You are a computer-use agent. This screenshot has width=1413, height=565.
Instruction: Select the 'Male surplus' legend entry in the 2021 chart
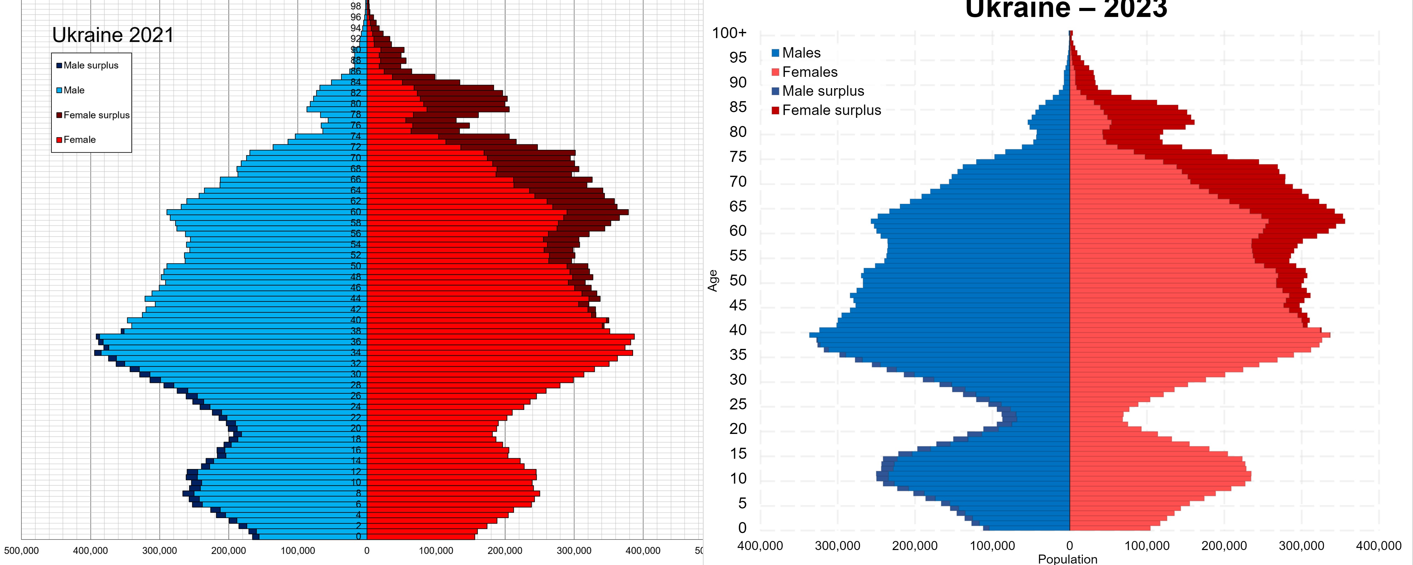tap(90, 65)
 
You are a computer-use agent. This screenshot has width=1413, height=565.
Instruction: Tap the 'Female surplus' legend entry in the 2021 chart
tap(96, 115)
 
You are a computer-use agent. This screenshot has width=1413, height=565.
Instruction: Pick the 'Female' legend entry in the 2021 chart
tap(79, 140)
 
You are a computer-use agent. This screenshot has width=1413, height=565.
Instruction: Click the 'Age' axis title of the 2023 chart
tap(712, 280)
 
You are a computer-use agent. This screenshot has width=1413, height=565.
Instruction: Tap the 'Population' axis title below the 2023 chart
tap(1067, 559)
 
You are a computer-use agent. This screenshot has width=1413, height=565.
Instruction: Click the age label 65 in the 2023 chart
tap(738, 206)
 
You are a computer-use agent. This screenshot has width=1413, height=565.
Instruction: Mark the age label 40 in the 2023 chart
tap(738, 330)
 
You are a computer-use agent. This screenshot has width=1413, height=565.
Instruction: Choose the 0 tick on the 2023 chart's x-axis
tap(1070, 546)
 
